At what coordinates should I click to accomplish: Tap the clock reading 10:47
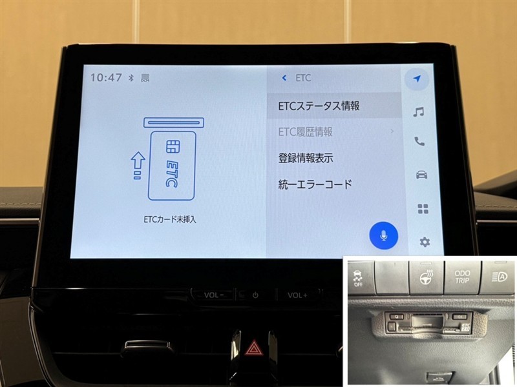pyautogui.click(x=106, y=77)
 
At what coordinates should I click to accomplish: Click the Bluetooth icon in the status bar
pyautogui.click(x=131, y=78)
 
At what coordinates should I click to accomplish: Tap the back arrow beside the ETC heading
pyautogui.click(x=284, y=78)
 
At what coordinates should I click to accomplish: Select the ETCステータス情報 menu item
pyautogui.click(x=319, y=106)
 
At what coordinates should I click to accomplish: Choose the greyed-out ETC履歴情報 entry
pyautogui.click(x=305, y=132)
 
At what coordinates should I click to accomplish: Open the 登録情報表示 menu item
pyautogui.click(x=306, y=158)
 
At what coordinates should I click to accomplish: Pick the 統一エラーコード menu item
pyautogui.click(x=315, y=184)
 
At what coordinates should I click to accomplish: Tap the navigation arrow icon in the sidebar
pyautogui.click(x=417, y=79)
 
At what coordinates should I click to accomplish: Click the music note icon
pyautogui.click(x=418, y=112)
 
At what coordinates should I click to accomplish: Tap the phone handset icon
pyautogui.click(x=419, y=141)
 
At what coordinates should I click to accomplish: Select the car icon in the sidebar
pyautogui.click(x=421, y=174)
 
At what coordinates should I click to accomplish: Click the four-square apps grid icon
pyautogui.click(x=423, y=208)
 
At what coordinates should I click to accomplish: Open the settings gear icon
pyautogui.click(x=425, y=243)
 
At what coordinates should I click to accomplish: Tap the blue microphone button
pyautogui.click(x=383, y=235)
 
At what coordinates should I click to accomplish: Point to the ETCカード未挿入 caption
pyautogui.click(x=170, y=219)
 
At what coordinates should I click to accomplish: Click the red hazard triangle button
pyautogui.click(x=253, y=348)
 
